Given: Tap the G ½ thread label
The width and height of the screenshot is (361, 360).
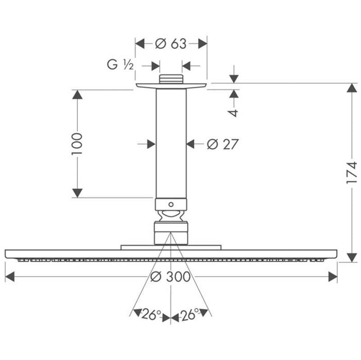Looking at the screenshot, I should pos(121,65).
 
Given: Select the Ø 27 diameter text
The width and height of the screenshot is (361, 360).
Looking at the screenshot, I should pos(222,145).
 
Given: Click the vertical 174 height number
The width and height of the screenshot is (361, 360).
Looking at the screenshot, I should pos(352,173).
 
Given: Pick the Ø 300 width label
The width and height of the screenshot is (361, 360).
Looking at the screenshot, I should pos(170,277).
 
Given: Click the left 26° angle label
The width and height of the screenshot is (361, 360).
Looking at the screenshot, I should pos(151,314).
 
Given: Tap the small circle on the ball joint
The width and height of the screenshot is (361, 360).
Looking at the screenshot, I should pos(171,204).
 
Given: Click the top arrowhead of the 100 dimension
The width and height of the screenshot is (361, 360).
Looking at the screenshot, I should pos(77,95).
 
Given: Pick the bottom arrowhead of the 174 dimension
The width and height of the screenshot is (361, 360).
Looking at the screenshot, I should pos(352,257).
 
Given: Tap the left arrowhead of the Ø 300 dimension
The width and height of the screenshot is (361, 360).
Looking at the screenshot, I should pos(10,277).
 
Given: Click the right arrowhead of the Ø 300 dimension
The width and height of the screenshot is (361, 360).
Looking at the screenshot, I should pos(333,277).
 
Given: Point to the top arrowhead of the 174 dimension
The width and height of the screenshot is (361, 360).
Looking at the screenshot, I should pos(352,88).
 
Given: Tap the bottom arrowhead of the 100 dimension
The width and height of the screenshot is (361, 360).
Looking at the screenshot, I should pos(77,193).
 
